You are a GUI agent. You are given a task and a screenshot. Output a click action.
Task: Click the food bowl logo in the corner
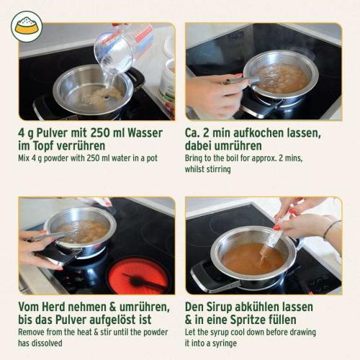coord(27,27)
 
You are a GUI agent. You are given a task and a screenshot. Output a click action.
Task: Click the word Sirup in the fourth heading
coord(225,307)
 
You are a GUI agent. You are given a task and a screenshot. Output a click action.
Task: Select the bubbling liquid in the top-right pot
coord(281,78)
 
